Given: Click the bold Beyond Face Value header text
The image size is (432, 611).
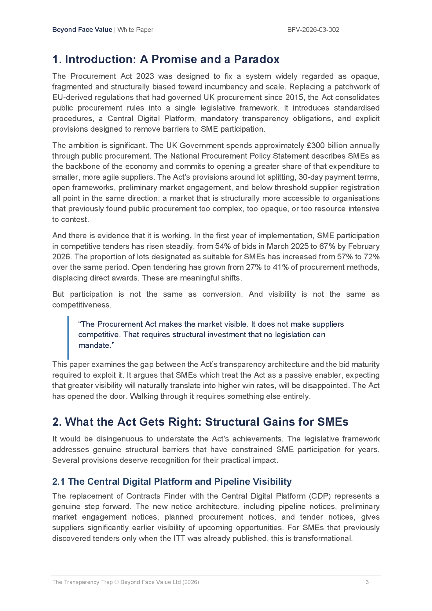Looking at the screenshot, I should pos(82,30).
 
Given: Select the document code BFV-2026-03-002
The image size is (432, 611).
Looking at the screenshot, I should pos(313,30).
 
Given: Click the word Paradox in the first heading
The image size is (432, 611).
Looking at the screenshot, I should pos(257,59).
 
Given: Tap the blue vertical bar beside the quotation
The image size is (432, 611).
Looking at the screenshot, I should pos(68,338).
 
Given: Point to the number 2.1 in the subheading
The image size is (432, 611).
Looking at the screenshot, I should pos(58,481).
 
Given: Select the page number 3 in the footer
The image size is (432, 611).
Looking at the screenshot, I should pos(367,582).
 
